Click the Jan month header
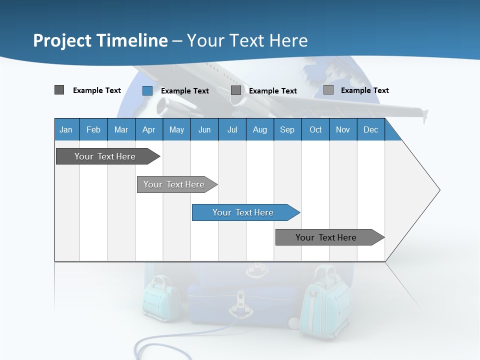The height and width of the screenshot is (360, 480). tap(66, 129)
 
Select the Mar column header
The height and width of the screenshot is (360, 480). tap(121, 129)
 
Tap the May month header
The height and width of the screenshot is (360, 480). tap(176, 129)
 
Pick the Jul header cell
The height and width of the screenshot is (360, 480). tap(232, 129)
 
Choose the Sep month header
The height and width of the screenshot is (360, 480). tap(287, 129)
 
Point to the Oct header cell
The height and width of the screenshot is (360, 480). tap(315, 129)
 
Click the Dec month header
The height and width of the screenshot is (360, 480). tap(370, 129)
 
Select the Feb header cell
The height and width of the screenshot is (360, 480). tap(93, 129)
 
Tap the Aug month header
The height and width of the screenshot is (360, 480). tap(259, 129)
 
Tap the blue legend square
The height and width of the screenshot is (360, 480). tap(147, 90)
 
